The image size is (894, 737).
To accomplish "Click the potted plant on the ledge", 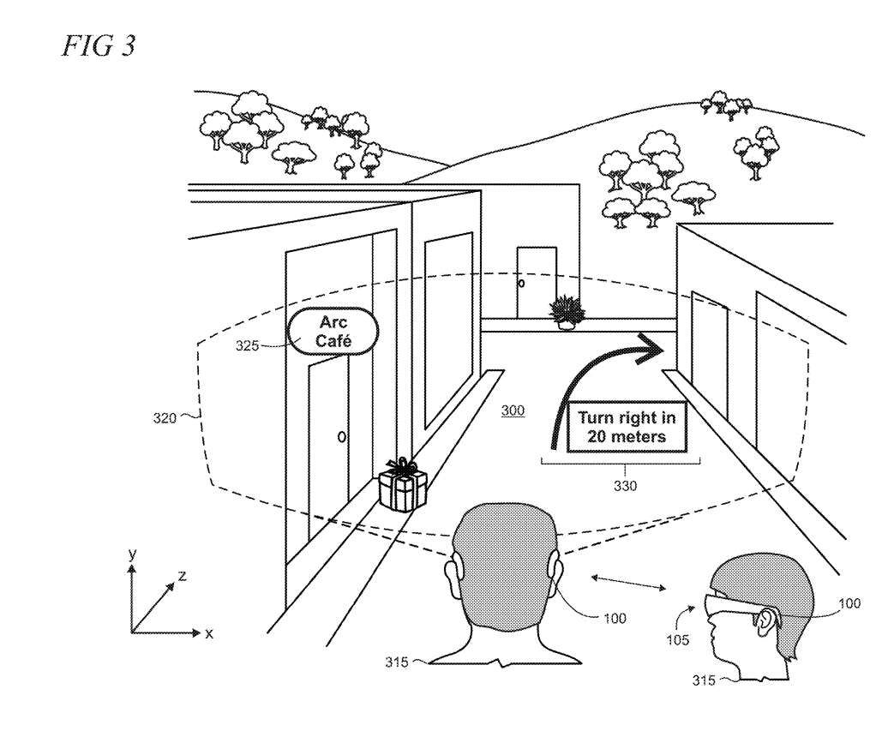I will (x=567, y=313).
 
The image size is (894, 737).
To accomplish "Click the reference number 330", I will (x=625, y=484).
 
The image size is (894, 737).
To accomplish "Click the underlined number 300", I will (x=513, y=411).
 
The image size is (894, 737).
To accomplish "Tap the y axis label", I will (x=132, y=554).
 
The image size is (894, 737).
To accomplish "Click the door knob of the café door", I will (x=342, y=437).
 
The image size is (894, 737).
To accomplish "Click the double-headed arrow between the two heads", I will (x=627, y=582).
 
